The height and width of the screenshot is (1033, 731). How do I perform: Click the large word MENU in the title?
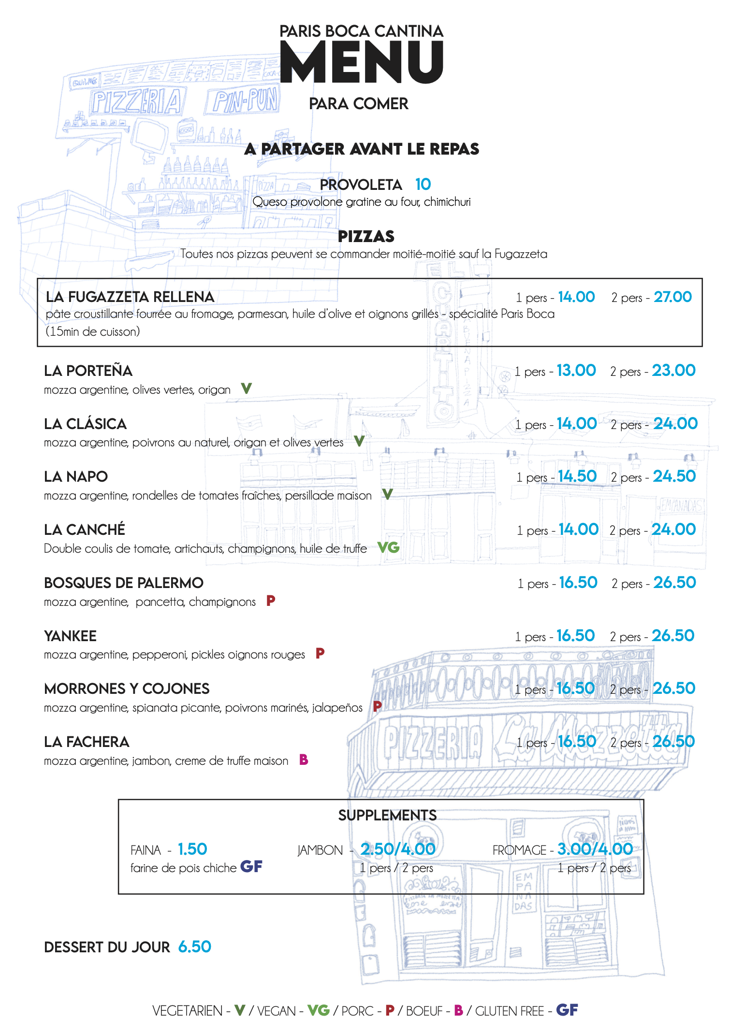(x=362, y=62)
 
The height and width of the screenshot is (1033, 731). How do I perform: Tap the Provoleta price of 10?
(x=423, y=184)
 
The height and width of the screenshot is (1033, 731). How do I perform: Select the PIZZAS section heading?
(x=366, y=236)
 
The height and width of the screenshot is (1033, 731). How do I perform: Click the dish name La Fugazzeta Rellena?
(x=130, y=297)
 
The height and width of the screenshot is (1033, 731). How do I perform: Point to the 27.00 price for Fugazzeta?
(x=673, y=297)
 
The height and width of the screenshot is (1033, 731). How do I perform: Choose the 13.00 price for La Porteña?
(x=576, y=371)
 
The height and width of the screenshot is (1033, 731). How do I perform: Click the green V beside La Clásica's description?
(x=359, y=441)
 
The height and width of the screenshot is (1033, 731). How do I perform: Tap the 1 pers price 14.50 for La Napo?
(x=577, y=476)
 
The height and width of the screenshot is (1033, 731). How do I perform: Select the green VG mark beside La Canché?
(x=388, y=547)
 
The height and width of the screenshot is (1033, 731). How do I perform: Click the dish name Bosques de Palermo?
(x=124, y=583)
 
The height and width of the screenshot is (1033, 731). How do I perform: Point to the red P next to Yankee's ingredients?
(x=320, y=653)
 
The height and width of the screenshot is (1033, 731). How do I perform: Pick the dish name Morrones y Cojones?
(x=127, y=689)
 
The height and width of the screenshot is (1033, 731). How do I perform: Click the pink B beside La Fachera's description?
(x=304, y=760)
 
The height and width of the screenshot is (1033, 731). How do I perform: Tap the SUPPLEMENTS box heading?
(x=387, y=815)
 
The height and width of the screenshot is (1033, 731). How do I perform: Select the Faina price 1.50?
(x=192, y=849)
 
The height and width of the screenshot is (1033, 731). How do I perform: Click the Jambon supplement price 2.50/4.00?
(x=398, y=849)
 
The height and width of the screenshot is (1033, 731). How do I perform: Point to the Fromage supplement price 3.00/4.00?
(x=595, y=849)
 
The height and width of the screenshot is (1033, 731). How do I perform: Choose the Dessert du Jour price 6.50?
(x=195, y=947)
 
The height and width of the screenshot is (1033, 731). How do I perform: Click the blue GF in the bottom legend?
(x=567, y=1010)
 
